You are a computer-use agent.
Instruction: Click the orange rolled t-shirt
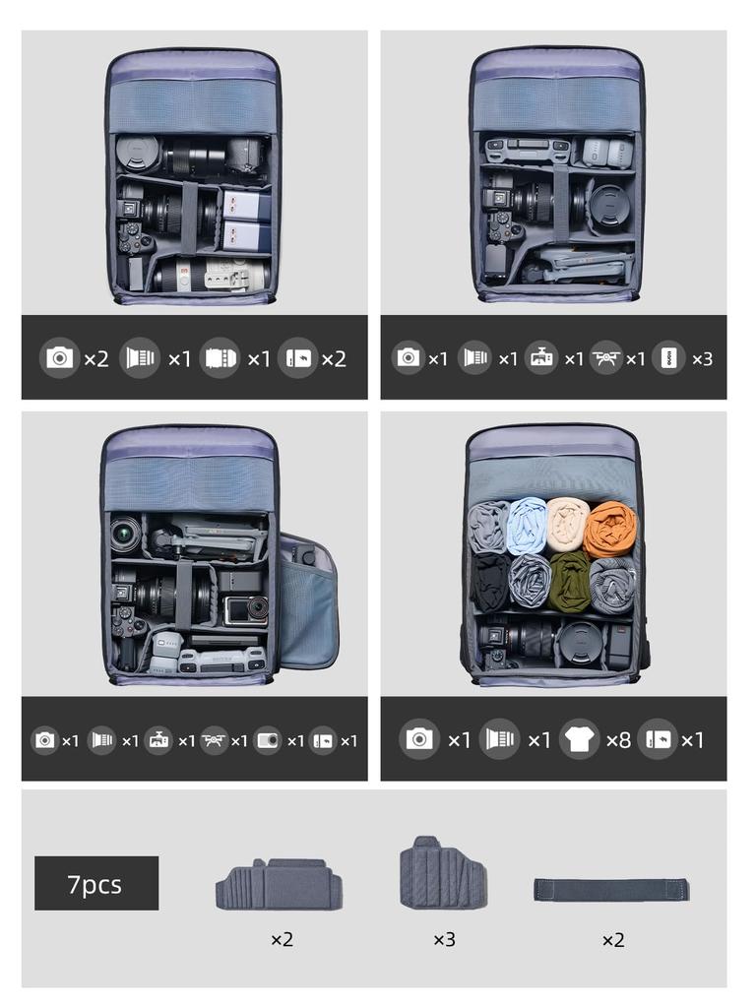tap(610, 529)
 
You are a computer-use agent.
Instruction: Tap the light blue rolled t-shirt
tap(528, 525)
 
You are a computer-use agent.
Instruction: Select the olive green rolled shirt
tap(569, 581)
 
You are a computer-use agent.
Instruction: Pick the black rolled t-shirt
tap(490, 581)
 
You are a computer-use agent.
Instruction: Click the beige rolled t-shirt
tap(568, 523)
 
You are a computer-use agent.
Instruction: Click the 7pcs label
tap(96, 883)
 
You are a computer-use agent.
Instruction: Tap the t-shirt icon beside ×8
tap(579, 739)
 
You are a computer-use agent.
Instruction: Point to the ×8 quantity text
tap(618, 740)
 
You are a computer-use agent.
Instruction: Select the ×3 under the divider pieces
tap(444, 940)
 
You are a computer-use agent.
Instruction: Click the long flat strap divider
tap(611, 890)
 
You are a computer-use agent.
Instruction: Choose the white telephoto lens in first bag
tap(212, 277)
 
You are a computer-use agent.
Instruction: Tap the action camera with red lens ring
tap(245, 610)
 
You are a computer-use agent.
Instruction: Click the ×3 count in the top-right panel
tap(702, 358)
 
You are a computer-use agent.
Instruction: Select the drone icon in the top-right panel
tap(605, 357)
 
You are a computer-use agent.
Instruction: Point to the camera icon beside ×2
tap(60, 357)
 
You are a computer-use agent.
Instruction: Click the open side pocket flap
tap(307, 601)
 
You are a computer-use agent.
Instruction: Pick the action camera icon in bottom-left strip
tap(268, 740)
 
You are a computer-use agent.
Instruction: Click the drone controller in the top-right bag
tap(528, 152)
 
